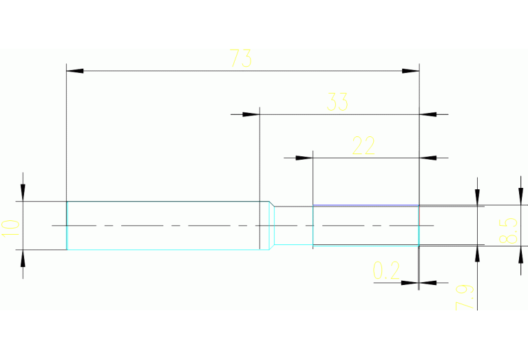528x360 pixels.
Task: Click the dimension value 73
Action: (x=240, y=59)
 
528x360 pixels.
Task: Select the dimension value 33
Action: (x=337, y=103)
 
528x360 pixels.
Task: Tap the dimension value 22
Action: (x=363, y=145)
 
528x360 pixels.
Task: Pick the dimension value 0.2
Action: (x=386, y=271)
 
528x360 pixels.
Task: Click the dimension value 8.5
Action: (x=509, y=231)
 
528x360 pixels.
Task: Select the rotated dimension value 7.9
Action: (x=464, y=297)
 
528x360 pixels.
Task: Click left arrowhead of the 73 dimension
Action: (x=74, y=71)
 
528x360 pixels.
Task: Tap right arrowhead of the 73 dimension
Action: (x=411, y=71)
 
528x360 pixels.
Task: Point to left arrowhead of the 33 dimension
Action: (x=251, y=114)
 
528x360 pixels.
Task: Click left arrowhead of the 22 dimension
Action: (x=305, y=158)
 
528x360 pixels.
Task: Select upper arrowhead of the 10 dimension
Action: (x=23, y=193)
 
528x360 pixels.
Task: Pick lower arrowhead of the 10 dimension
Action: (x=23, y=257)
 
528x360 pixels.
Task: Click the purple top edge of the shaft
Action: (x=366, y=205)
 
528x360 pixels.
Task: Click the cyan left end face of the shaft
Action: (x=67, y=226)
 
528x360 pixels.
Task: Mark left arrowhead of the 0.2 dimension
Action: (x=410, y=282)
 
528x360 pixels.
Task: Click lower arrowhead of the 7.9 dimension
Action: (x=476, y=253)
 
